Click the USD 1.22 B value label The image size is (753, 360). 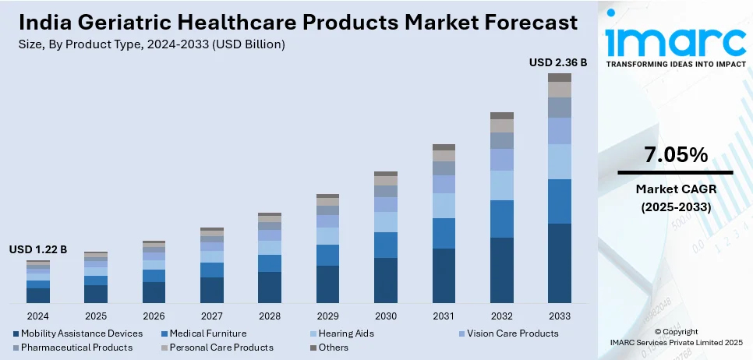[38, 249]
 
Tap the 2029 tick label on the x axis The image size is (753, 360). [327, 316]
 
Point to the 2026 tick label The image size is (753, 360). [154, 316]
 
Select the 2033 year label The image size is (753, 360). [559, 316]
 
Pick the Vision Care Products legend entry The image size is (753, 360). [511, 334]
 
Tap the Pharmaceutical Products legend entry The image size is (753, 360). [76, 348]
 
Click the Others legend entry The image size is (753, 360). [334, 348]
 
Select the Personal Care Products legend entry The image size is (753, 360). [221, 348]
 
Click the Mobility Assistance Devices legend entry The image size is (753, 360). [82, 334]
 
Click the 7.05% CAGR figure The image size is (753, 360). [676, 154]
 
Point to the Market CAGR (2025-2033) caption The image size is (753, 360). [676, 198]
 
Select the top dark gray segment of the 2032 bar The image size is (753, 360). [501, 115]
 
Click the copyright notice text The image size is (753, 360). [676, 337]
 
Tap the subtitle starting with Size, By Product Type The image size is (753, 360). [151, 44]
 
